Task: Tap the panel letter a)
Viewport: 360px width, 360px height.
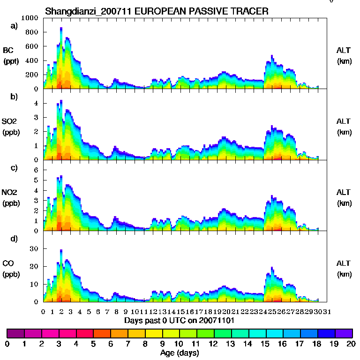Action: coord(14,26)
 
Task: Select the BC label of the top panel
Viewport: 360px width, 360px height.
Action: coord(8,50)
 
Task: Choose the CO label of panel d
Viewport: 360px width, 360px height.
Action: coord(8,263)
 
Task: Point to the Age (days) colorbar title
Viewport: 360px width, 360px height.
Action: coord(180,353)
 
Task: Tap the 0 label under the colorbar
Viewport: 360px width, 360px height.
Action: coord(7,344)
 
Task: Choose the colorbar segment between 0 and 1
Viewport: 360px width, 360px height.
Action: coord(15,333)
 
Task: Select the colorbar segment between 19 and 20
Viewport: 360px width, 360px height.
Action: coord(344,333)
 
